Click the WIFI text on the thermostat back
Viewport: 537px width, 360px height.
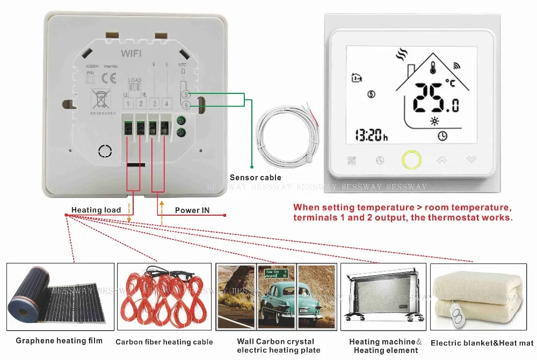click(132, 53)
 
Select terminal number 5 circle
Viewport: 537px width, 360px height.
click(186, 95)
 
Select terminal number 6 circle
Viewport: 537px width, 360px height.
click(186, 106)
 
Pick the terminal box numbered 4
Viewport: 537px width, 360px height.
click(167, 104)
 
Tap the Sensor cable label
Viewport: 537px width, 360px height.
click(255, 178)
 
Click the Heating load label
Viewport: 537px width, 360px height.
click(96, 210)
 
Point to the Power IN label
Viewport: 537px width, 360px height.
click(192, 210)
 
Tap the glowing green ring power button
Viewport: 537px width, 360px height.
click(411, 159)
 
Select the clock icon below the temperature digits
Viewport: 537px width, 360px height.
click(442, 136)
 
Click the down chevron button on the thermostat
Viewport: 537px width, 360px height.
click(471, 159)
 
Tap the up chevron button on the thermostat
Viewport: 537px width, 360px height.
click(442, 159)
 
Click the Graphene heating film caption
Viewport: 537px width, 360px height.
click(59, 341)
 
